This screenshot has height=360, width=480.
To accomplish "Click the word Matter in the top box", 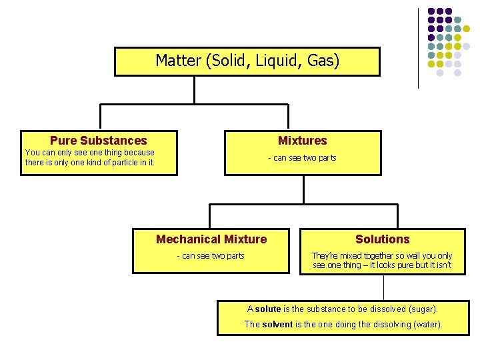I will point(179,61).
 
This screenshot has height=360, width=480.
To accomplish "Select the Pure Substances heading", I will point(98,140).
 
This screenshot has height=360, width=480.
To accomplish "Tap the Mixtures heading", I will point(302,140).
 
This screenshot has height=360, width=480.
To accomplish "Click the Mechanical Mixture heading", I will point(211,239).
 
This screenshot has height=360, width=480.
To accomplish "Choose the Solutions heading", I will point(382,239).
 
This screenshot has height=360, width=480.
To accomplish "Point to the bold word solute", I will point(268,309).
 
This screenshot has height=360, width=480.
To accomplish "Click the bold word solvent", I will point(277,324).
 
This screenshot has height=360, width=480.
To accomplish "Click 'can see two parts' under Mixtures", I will point(305,158).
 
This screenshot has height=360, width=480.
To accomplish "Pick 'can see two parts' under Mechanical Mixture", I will point(213,255).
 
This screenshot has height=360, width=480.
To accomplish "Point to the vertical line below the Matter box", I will point(194,90).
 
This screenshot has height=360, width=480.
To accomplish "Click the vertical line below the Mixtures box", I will point(303,189).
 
